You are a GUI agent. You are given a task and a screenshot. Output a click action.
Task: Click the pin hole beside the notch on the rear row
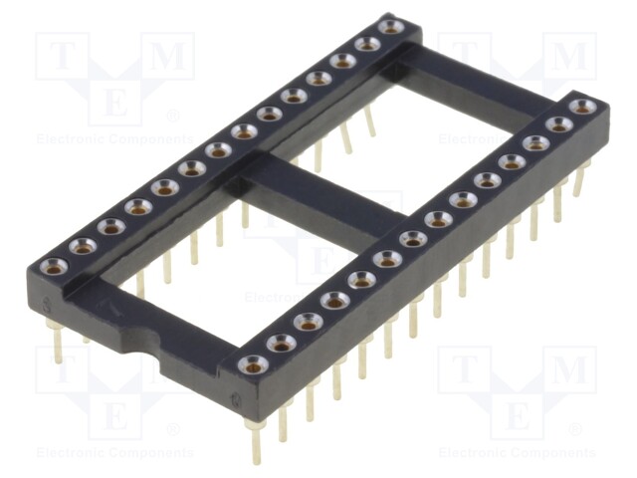(54, 266)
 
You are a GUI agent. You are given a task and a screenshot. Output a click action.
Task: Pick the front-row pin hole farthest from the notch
(583, 106)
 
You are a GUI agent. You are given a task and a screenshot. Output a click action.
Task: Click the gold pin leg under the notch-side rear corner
(58, 343)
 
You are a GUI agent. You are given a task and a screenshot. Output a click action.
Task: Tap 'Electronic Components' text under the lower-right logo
(517, 453)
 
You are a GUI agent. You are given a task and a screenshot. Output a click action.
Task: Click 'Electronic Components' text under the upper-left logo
(114, 139)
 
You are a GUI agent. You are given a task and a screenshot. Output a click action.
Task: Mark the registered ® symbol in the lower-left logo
(172, 430)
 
